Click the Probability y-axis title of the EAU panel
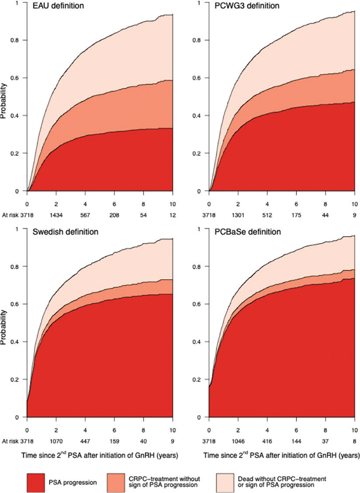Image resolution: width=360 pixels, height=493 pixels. [4, 97]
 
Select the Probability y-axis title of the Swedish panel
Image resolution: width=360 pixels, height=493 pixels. [4, 323]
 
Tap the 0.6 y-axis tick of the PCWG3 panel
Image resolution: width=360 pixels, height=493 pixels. [199, 78]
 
